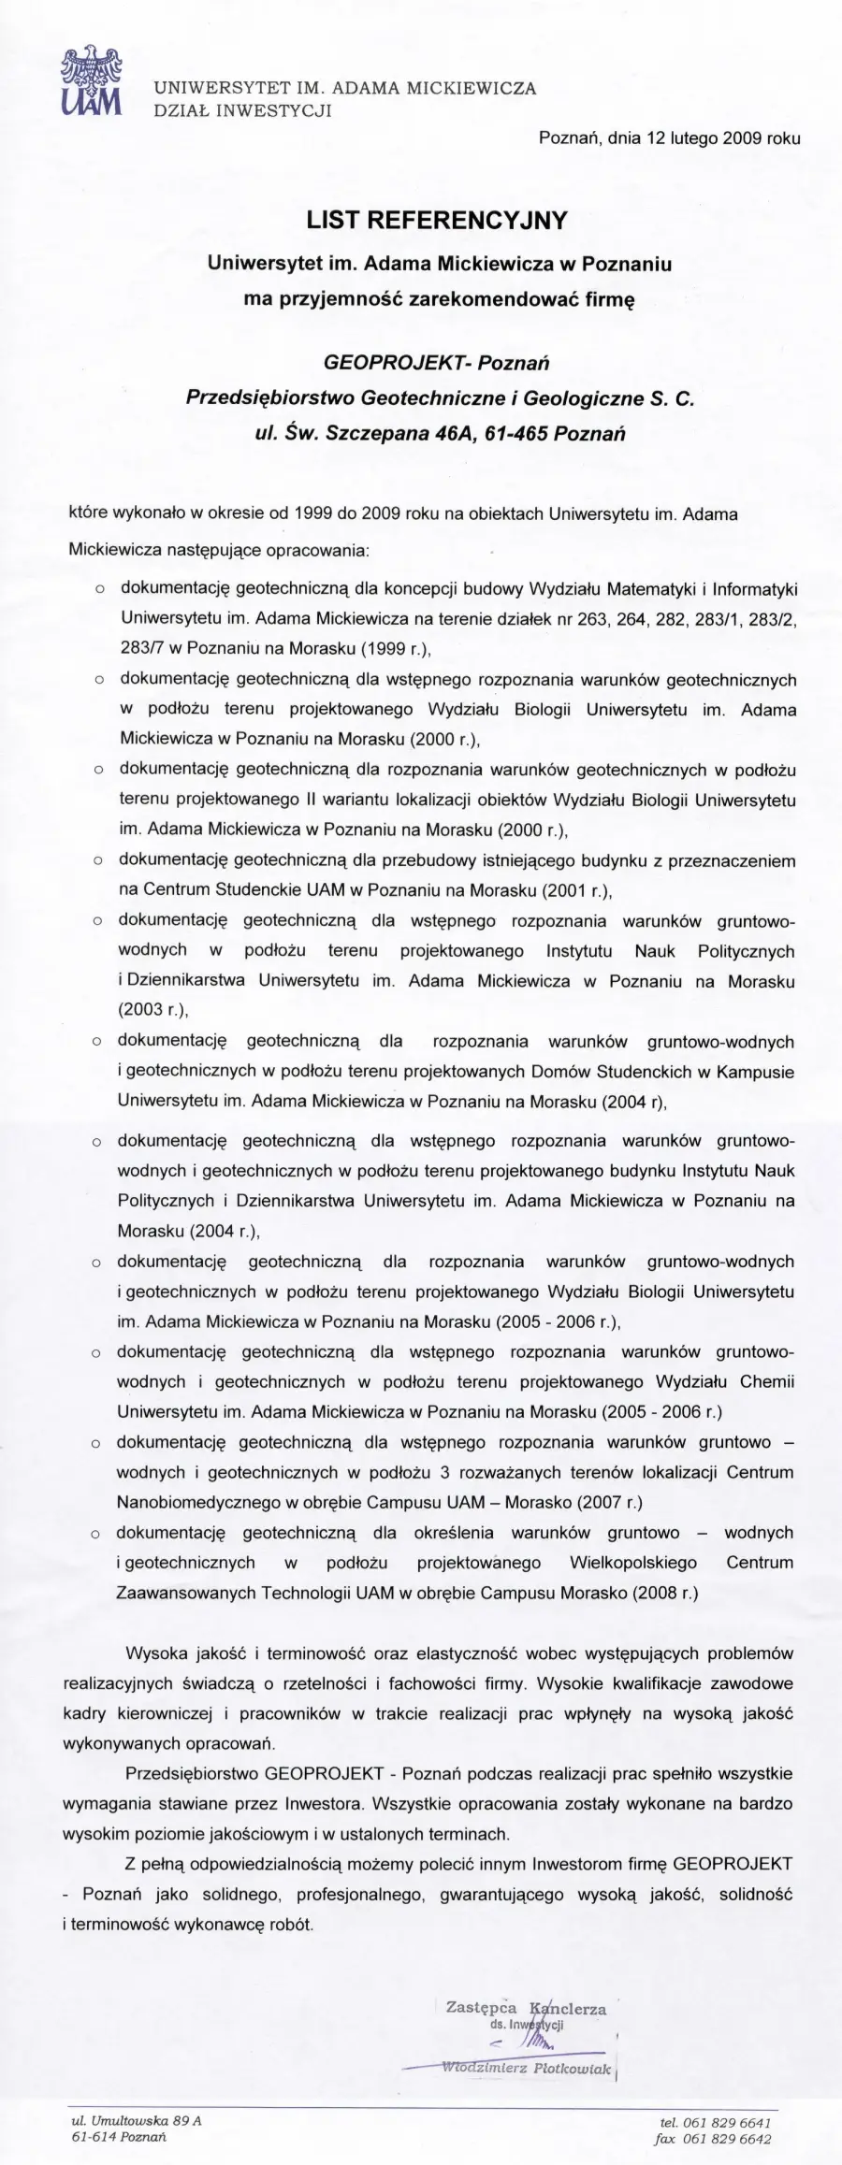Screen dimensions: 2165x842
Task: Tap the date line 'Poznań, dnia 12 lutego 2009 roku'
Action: (x=670, y=138)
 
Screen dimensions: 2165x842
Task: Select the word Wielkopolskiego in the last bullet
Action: (x=633, y=1563)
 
